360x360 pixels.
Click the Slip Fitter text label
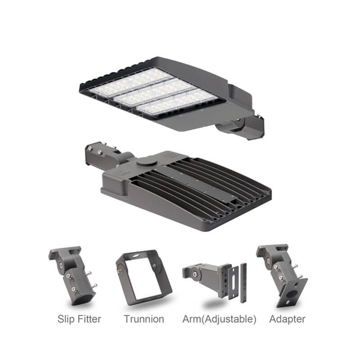tap(79, 319)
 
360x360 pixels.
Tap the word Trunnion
tap(144, 319)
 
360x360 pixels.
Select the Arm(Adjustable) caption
tap(219, 319)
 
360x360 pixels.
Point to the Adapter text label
tap(287, 319)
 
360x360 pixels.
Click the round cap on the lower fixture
tap(146, 163)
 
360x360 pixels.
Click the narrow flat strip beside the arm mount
tap(244, 283)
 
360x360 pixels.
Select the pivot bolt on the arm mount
tap(195, 274)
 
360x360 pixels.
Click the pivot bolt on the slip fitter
tap(61, 265)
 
